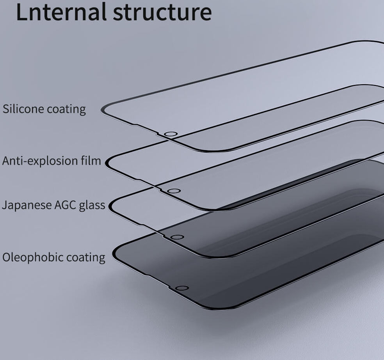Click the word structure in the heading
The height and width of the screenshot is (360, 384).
pyautogui.click(x=162, y=12)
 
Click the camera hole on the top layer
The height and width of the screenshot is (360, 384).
pyautogui.click(x=171, y=134)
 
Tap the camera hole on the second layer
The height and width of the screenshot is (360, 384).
pyautogui.click(x=174, y=191)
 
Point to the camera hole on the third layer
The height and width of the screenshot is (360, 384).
pyautogui.click(x=177, y=237)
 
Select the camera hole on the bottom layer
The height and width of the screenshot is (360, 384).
pyautogui.click(x=181, y=288)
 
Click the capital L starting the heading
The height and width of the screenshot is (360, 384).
pyautogui.click(x=22, y=12)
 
